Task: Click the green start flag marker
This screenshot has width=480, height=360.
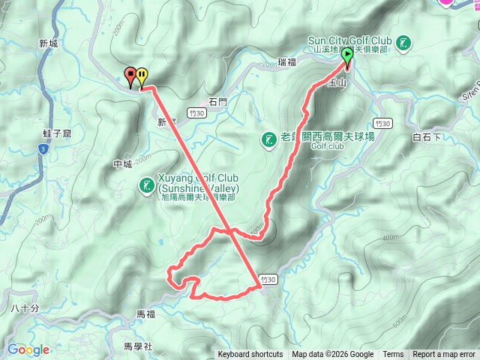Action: pos(347,65)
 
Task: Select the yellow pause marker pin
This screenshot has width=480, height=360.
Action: pos(142,76)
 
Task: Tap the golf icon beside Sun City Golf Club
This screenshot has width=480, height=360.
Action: pos(405,43)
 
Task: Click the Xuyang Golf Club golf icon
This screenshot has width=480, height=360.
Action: pos(146,184)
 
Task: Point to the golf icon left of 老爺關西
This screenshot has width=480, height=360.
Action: pos(268,139)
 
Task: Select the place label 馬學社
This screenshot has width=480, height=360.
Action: pos(138,346)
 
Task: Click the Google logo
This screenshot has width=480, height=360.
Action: pos(28,349)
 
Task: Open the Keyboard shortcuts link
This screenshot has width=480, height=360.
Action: pos(250,355)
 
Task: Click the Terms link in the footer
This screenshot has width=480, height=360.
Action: pos(393,355)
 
